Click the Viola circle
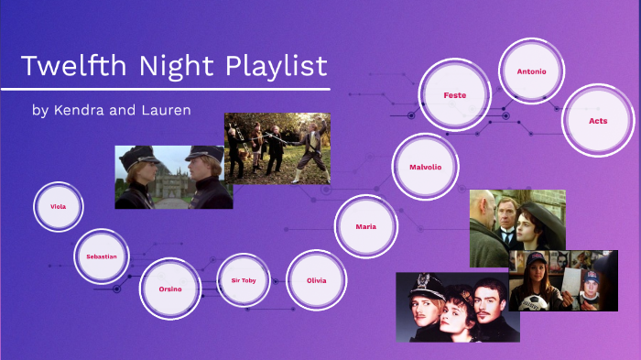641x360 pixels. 58,207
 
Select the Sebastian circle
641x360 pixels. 101,256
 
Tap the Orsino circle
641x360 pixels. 169,289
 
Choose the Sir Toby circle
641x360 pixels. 244,279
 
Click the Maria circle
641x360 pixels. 365,226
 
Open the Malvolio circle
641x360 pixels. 427,168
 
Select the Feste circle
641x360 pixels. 454,95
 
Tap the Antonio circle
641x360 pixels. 530,71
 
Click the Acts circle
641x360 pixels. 598,120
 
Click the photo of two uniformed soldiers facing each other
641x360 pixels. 173,177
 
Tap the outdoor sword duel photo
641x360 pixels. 277,147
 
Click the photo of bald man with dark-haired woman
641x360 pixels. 517,227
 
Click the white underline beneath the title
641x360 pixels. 165,90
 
